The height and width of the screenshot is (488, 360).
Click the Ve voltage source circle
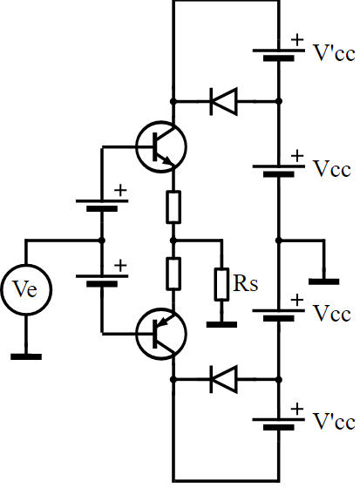pyautogui.click(x=26, y=289)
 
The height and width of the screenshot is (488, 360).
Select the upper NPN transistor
pyautogui.click(x=161, y=147)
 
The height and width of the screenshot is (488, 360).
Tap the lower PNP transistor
pyautogui.click(x=161, y=334)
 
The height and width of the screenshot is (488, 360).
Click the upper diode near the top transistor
pyautogui.click(x=224, y=101)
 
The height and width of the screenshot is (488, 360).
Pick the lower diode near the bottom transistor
pyautogui.click(x=224, y=380)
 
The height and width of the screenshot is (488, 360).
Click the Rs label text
pyautogui.click(x=246, y=283)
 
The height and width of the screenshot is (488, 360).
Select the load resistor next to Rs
pyautogui.click(x=221, y=284)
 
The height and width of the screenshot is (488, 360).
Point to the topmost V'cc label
pyautogui.click(x=334, y=53)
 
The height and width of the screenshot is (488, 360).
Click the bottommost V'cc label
pyautogui.click(x=334, y=422)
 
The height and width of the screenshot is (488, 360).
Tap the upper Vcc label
pyautogui.click(x=332, y=169)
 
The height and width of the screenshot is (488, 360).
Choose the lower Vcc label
pyautogui.click(x=332, y=313)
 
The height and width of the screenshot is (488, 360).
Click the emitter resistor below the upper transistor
pyautogui.click(x=173, y=207)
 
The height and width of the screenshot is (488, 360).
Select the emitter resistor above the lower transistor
pyautogui.click(x=173, y=274)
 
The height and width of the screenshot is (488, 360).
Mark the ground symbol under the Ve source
pyautogui.click(x=26, y=356)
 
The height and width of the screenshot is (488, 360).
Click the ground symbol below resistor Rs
pyautogui.click(x=221, y=324)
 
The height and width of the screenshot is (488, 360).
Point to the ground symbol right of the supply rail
pyautogui.click(x=324, y=281)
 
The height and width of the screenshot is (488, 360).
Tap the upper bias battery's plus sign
pyautogui.click(x=120, y=190)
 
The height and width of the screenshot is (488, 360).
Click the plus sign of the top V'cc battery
pyautogui.click(x=297, y=39)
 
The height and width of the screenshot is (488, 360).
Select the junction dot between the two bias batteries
pyautogui.click(x=101, y=241)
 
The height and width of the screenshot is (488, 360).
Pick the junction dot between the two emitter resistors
pyautogui.click(x=173, y=241)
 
